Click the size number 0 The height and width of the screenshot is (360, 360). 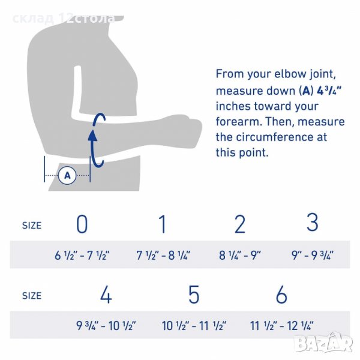click(x=82, y=224)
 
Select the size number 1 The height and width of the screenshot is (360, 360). click(x=163, y=224)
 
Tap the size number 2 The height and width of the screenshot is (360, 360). click(x=240, y=224)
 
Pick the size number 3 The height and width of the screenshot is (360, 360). click(x=313, y=222)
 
